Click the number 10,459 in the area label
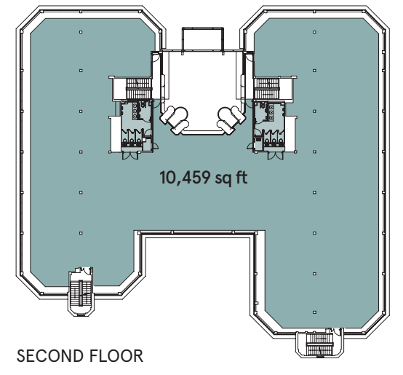click(x=184, y=178)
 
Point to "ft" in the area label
click(x=240, y=178)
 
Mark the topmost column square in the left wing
click(x=81, y=32)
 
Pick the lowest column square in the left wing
click(x=81, y=233)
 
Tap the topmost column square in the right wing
click(x=314, y=32)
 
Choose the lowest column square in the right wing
click(x=314, y=312)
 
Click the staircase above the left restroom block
click(x=138, y=89)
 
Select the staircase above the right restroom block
click(x=266, y=89)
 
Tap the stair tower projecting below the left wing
click(x=81, y=292)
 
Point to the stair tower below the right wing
click(x=319, y=344)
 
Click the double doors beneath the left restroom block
click(x=130, y=156)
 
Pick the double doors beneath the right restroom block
click(x=276, y=156)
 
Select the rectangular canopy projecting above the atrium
click(x=202, y=39)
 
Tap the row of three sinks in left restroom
click(x=135, y=111)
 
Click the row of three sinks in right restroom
click(x=271, y=112)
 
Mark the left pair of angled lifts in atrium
click(x=175, y=120)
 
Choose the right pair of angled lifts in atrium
click(x=231, y=120)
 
